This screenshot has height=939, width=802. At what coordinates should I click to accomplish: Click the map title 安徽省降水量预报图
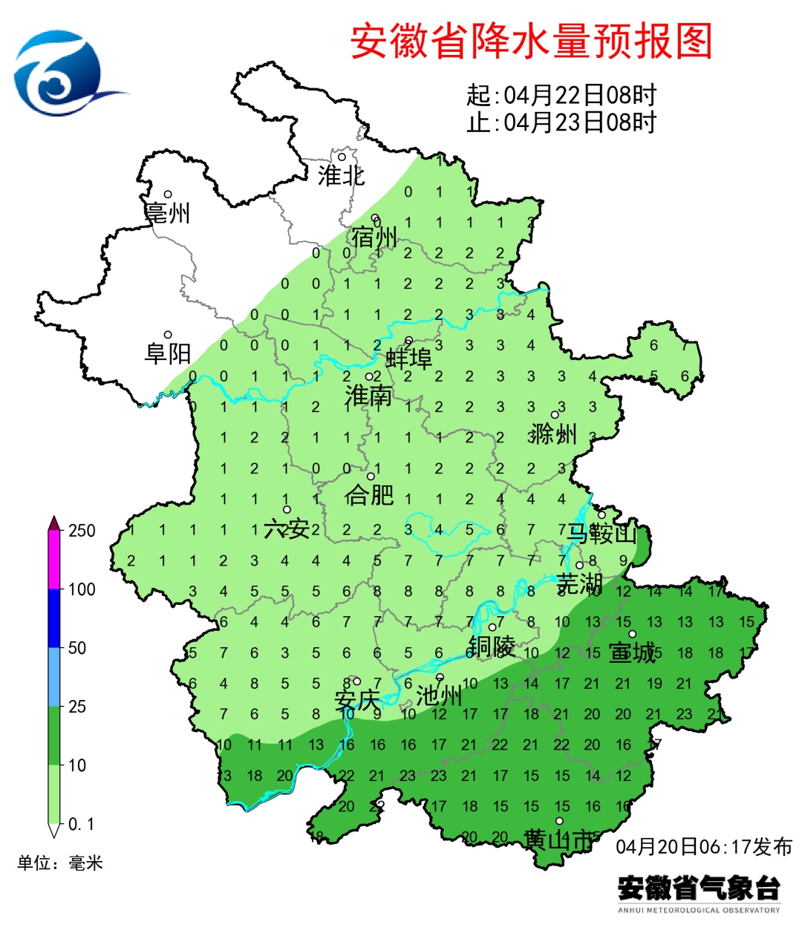tap(531, 42)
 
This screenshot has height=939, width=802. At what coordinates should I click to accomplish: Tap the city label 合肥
tap(369, 494)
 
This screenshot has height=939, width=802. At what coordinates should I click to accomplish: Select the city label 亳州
tap(168, 213)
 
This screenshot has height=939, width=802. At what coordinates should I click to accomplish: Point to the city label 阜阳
tap(168, 353)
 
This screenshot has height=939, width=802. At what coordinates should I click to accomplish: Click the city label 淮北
tap(341, 176)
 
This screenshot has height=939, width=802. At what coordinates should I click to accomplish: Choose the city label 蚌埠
tap(409, 359)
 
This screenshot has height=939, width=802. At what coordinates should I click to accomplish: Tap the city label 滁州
tap(553, 433)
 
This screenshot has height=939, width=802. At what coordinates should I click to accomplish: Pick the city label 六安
tap(287, 529)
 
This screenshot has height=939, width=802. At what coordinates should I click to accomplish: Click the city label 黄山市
tap(558, 840)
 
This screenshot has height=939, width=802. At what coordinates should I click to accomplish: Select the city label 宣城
tap(632, 652)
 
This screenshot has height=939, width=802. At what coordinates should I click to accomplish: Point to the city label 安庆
tap(357, 700)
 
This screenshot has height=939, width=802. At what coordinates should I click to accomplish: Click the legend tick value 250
tap(82, 531)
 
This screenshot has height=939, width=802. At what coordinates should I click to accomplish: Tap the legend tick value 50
tap(77, 648)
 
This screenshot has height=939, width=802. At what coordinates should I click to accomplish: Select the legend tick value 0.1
tap(81, 824)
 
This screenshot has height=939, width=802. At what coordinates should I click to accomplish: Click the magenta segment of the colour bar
tap(53, 560)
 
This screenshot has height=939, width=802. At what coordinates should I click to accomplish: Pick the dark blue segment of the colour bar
tap(53, 618)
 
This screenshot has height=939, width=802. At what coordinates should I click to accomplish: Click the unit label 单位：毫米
tap(60, 863)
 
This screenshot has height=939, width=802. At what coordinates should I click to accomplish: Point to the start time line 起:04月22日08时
tap(561, 96)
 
